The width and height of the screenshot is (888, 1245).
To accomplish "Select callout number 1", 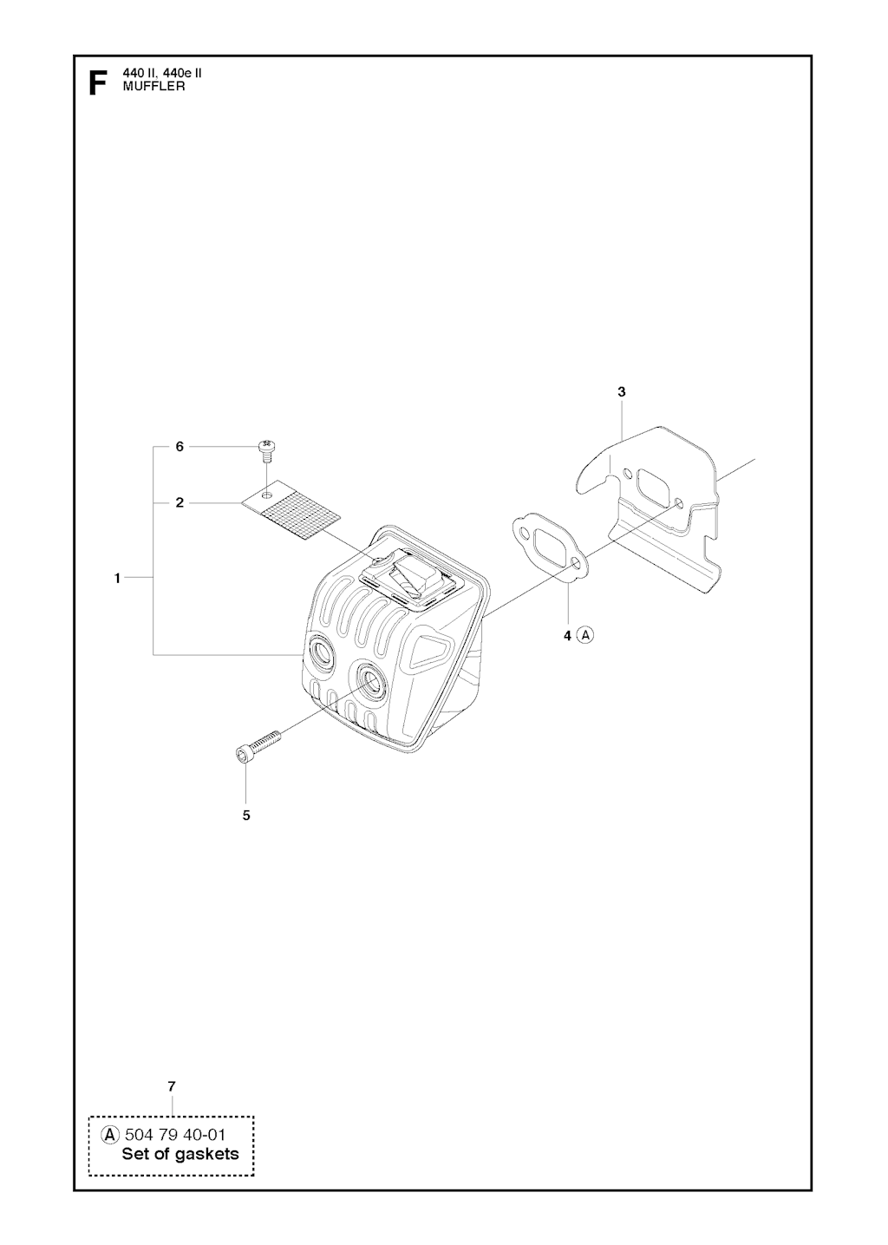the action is (117, 579).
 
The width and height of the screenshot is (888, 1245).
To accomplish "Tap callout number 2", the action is (180, 503).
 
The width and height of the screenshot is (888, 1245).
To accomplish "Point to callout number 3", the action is (621, 392).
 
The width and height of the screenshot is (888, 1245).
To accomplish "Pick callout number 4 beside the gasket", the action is (567, 636).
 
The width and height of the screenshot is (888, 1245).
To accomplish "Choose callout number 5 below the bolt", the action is (246, 816).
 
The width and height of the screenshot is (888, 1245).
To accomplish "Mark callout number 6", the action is (180, 447).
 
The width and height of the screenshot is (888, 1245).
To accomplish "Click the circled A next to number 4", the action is (585, 635).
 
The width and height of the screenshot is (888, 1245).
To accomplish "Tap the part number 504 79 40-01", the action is (174, 1118).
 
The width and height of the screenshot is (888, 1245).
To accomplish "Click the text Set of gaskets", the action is (180, 1138).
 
